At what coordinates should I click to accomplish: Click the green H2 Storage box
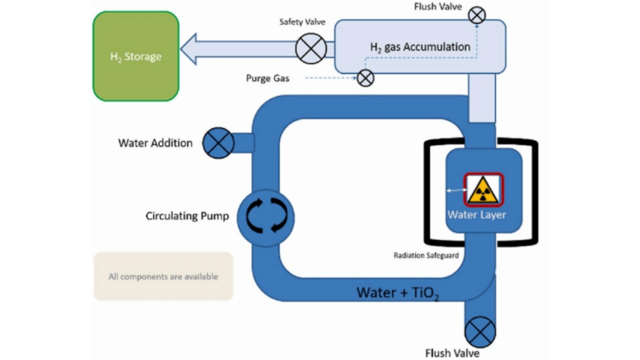click(x=136, y=56)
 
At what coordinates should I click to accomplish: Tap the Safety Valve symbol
click(x=311, y=47)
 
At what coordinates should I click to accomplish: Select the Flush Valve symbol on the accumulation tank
click(x=477, y=15)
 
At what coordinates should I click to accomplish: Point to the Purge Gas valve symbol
click(x=365, y=78)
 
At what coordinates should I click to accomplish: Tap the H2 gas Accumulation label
click(x=419, y=47)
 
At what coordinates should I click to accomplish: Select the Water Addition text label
click(x=155, y=143)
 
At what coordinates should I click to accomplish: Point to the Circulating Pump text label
click(x=187, y=216)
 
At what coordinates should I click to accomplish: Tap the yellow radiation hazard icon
click(x=482, y=189)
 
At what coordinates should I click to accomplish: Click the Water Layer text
click(x=476, y=214)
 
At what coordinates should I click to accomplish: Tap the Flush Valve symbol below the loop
click(x=480, y=331)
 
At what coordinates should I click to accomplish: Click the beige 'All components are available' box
click(x=163, y=276)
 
